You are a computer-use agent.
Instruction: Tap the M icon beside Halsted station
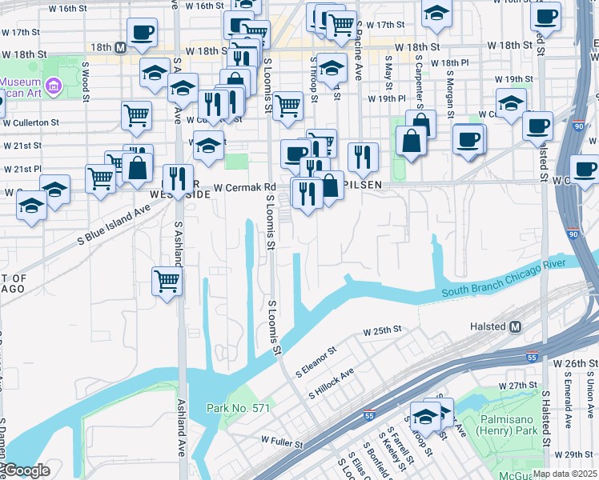pyautogui.click(x=516, y=326)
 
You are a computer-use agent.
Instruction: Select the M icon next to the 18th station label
pyautogui.click(x=120, y=47)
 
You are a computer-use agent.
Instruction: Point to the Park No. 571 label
pyautogui.click(x=238, y=409)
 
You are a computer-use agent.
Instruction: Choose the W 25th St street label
pyautogui.click(x=381, y=330)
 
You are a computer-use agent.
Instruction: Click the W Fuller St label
pyautogui.click(x=282, y=442)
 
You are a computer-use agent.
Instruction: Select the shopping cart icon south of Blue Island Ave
pyautogui.click(x=167, y=280)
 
